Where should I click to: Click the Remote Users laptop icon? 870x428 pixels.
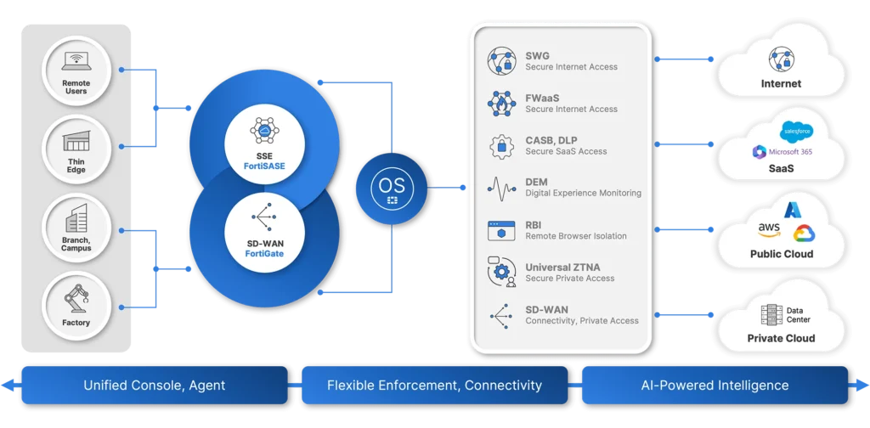(x=76, y=61)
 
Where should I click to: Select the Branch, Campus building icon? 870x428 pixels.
(x=76, y=218)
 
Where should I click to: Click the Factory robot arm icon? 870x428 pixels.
(x=76, y=300)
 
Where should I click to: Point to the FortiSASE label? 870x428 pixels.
(x=264, y=166)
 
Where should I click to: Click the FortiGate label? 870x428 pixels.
(x=264, y=254)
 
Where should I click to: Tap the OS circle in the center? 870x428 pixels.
(x=392, y=189)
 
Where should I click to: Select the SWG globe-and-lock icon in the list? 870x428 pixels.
(x=501, y=61)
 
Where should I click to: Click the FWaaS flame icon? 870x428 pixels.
(x=501, y=104)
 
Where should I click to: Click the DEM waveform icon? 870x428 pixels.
(x=501, y=189)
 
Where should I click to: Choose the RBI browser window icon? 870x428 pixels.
(x=501, y=231)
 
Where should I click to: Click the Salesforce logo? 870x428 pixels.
(x=797, y=132)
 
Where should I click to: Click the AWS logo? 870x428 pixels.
(x=770, y=229)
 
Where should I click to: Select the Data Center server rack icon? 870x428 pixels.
(x=771, y=315)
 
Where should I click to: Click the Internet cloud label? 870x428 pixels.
(x=782, y=84)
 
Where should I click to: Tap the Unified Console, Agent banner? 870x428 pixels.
(x=155, y=385)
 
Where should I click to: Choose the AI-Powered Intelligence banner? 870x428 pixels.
(x=715, y=385)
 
